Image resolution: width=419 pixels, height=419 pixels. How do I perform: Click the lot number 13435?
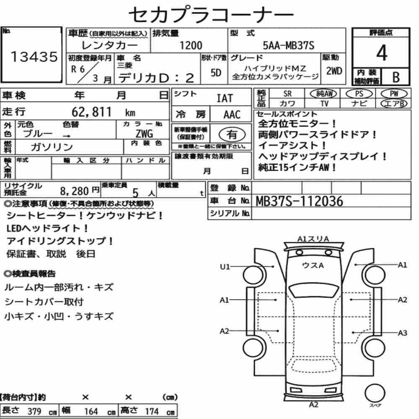pyautogui.click(x=34, y=57)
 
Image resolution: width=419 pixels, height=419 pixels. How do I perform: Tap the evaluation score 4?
pyautogui.click(x=382, y=53)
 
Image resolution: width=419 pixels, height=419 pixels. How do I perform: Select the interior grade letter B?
pyautogui.click(x=396, y=77)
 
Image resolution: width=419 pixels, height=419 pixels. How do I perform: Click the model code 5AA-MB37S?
pyautogui.click(x=288, y=45)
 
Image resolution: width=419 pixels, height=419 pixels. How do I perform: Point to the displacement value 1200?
pyautogui.click(x=191, y=45)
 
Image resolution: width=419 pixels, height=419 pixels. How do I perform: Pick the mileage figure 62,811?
pyautogui.click(x=91, y=112)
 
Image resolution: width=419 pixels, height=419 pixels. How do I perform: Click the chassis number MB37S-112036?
pyautogui.click(x=299, y=201)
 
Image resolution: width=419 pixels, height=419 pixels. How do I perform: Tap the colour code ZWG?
pyautogui.click(x=144, y=133)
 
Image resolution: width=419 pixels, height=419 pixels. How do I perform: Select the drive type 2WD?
pyautogui.click(x=334, y=71)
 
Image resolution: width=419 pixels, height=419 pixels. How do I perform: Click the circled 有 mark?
pyautogui.click(x=232, y=134)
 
